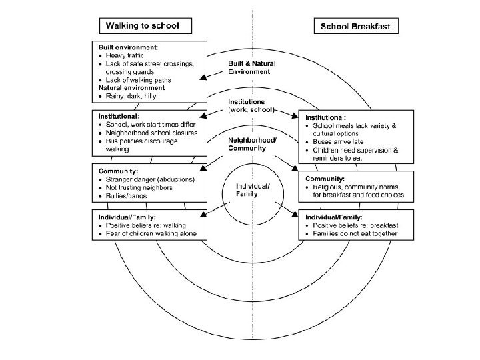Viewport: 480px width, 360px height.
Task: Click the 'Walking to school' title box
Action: pos(145,26)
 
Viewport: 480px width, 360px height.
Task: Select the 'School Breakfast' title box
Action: pos(357,27)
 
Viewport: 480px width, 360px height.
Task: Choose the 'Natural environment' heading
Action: pos(132,88)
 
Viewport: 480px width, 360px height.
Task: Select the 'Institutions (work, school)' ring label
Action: pos(251,105)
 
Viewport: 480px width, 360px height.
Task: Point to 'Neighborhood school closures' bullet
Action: pos(151,133)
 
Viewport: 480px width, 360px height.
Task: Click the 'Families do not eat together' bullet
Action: pos(354,234)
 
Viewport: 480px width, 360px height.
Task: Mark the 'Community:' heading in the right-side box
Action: pos(325,179)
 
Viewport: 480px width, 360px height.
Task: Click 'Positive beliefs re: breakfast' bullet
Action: pos(355,226)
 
